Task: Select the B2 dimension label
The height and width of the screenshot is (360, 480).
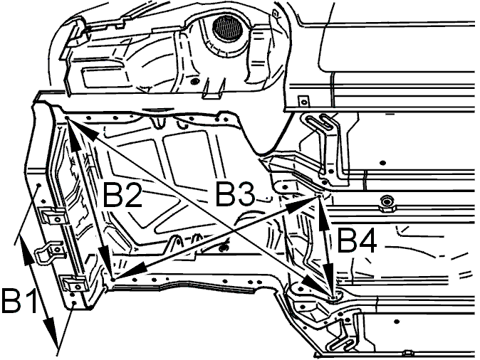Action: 122,194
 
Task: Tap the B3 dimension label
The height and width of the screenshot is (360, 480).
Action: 235,194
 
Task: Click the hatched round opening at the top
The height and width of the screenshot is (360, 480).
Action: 227,28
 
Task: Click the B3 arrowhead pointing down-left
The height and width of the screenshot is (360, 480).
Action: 129,270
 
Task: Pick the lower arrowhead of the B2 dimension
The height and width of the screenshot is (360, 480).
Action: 105,260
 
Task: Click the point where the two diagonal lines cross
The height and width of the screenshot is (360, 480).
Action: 234,229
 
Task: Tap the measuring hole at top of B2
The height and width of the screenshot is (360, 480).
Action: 67,117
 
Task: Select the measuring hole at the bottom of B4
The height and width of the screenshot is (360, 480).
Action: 333,297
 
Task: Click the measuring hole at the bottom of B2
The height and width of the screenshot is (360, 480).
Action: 113,280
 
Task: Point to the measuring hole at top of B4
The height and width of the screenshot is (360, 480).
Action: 318,197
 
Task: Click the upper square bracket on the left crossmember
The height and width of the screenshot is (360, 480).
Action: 55,216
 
